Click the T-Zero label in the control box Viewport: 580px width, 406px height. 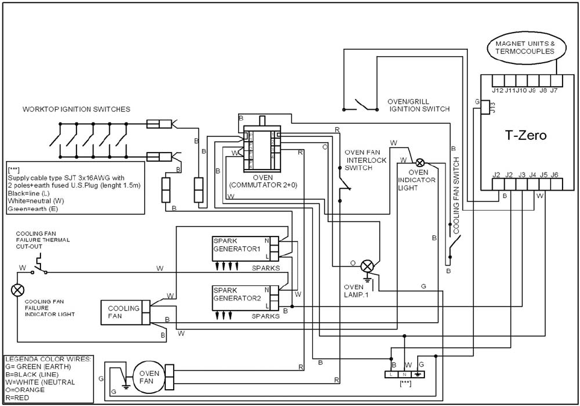tap(525, 136)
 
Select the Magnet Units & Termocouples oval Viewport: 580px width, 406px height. tap(525, 48)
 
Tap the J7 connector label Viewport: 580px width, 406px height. tap(553, 90)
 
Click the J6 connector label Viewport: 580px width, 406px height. tap(555, 175)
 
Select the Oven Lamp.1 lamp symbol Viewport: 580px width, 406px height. tap(368, 266)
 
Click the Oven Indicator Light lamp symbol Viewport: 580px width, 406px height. tap(420, 162)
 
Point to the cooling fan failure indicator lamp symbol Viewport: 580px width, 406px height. tap(17, 290)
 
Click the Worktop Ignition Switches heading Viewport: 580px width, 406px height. tap(76, 109)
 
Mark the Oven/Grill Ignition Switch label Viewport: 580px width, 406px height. tap(419, 105)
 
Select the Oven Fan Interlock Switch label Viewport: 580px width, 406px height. tap(362, 160)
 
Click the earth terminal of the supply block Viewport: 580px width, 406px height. tap(420, 374)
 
